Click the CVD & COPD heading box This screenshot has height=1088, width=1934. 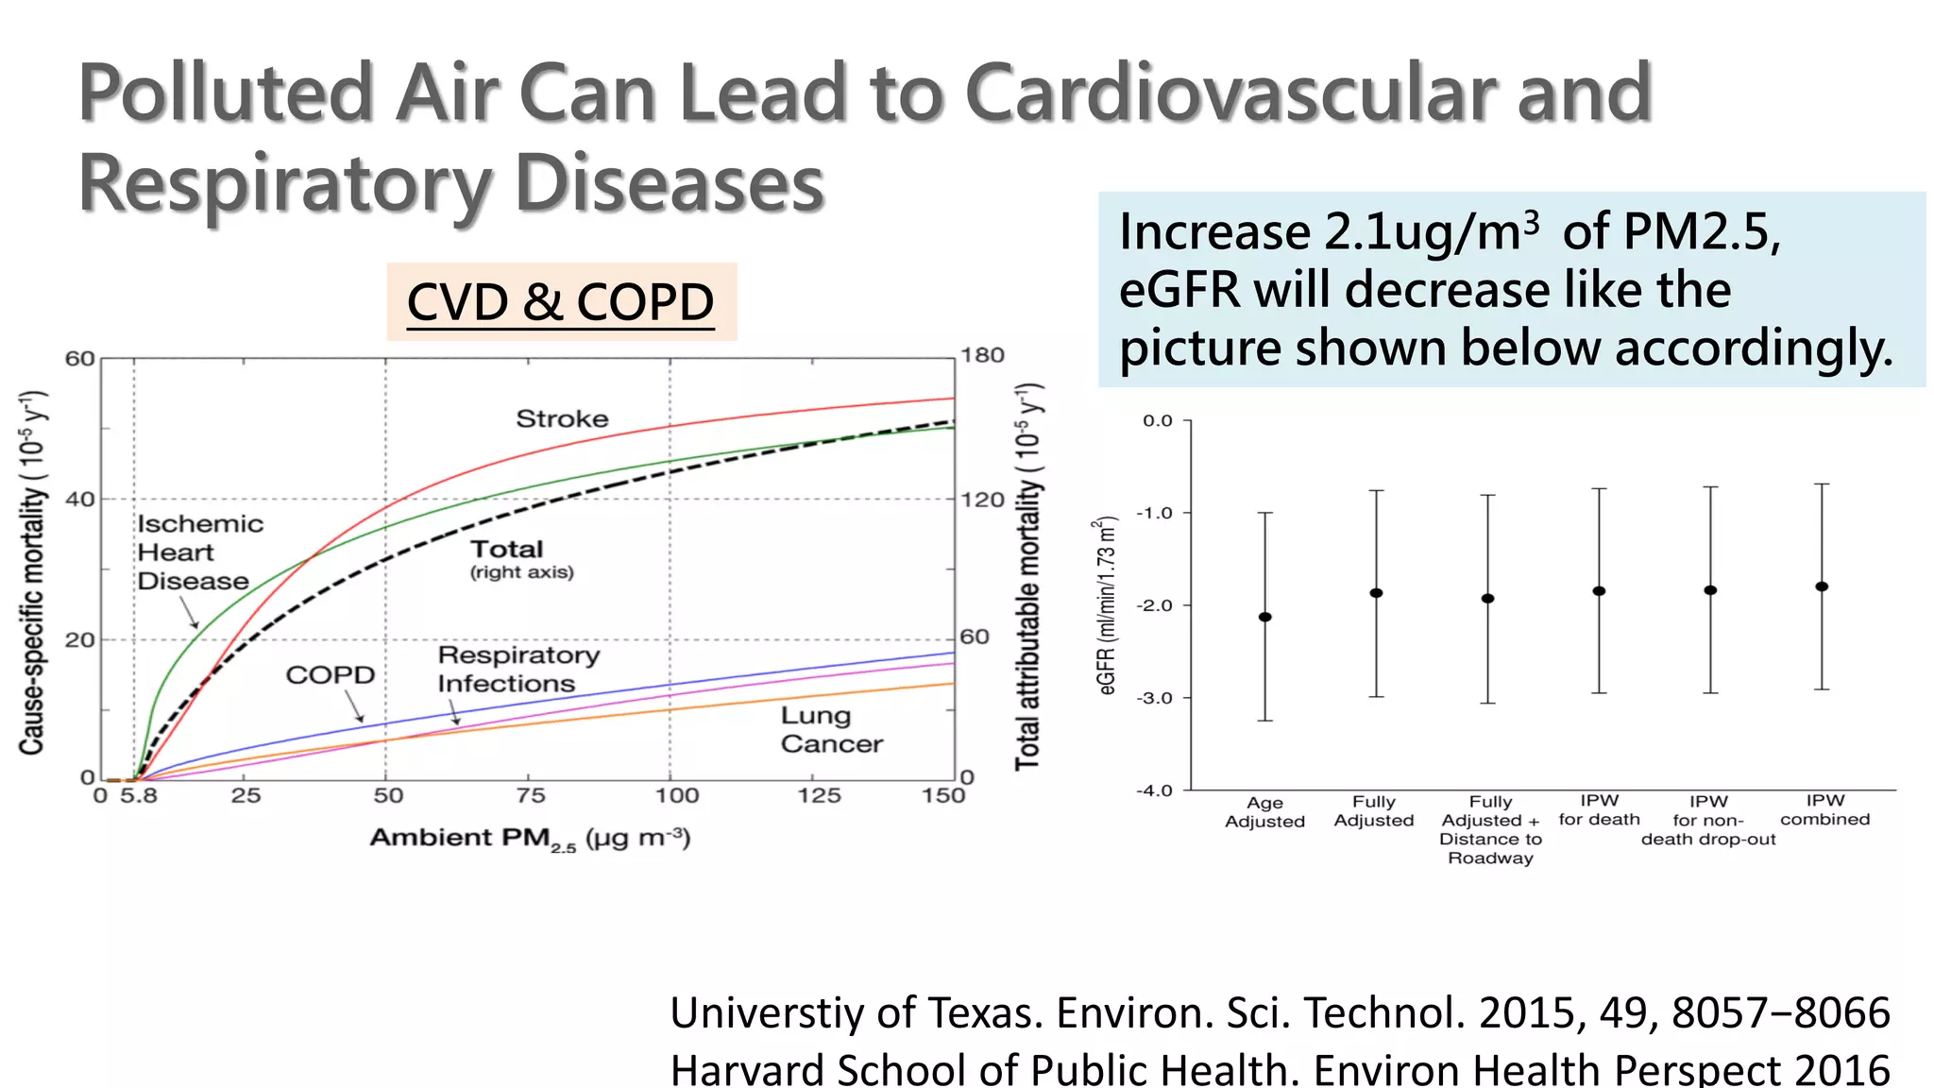coord(561,302)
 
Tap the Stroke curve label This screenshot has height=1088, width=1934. coord(562,418)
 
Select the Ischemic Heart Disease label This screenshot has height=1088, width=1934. coord(199,552)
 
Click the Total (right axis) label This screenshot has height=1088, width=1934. coord(520,559)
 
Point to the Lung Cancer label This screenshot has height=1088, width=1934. coord(830,730)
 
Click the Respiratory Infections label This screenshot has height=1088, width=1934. coord(517,669)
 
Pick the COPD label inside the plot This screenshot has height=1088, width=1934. coord(331,675)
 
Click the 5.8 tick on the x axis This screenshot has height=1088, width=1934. coord(138,796)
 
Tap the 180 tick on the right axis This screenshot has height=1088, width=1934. coord(982,356)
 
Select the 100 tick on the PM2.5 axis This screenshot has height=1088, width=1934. coord(676,796)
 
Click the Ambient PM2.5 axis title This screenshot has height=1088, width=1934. coord(530,839)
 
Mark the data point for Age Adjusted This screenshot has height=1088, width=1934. coord(1265,617)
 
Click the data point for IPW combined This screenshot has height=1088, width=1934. coord(1822,586)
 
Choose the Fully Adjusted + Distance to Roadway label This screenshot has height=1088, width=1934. coord(1490,829)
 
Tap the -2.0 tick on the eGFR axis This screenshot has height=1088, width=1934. coord(1157,605)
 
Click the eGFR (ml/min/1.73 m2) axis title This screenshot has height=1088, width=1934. coord(1108,605)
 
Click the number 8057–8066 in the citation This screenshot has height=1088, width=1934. coord(1780,1012)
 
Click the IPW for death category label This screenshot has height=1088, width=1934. coord(1599,810)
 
